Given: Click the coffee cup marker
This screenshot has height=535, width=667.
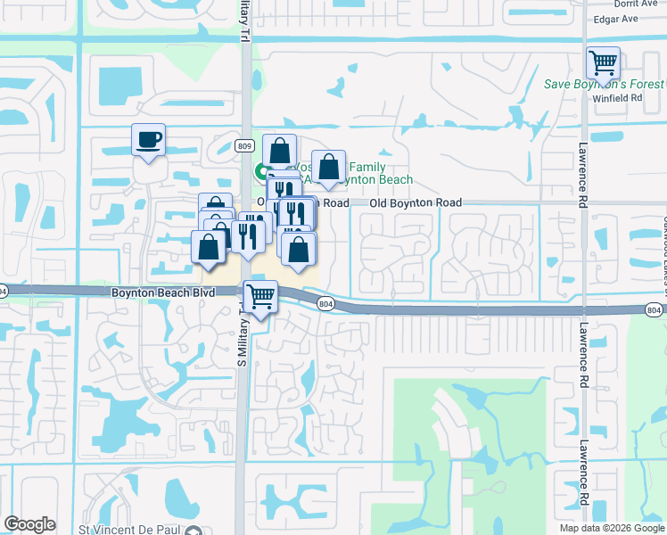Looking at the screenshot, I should tap(148, 140).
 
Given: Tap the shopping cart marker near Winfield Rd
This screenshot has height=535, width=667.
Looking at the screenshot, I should tap(604, 64).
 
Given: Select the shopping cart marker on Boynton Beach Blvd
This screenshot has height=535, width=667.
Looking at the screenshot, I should tap(260, 296).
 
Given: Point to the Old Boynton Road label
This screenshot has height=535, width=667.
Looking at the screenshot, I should tap(416, 203).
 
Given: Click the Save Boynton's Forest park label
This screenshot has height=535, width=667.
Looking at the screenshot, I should tap(604, 85).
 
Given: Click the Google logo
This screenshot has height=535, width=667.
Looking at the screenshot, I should tap(29, 524).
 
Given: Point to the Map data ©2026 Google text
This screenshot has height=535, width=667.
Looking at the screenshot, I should tap(611, 528).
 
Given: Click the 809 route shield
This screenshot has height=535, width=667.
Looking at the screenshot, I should tap(245, 145).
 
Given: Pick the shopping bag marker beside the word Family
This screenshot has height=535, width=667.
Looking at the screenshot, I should tap(328, 167).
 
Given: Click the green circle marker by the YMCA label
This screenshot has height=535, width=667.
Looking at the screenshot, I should tap(262, 170).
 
